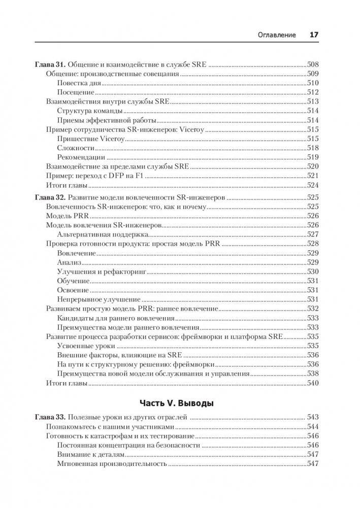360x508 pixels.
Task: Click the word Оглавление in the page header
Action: click(278, 35)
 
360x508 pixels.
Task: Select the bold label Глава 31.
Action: click(49, 65)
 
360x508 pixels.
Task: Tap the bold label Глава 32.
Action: click(49, 196)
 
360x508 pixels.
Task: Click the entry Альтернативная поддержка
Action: click(102, 234)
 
